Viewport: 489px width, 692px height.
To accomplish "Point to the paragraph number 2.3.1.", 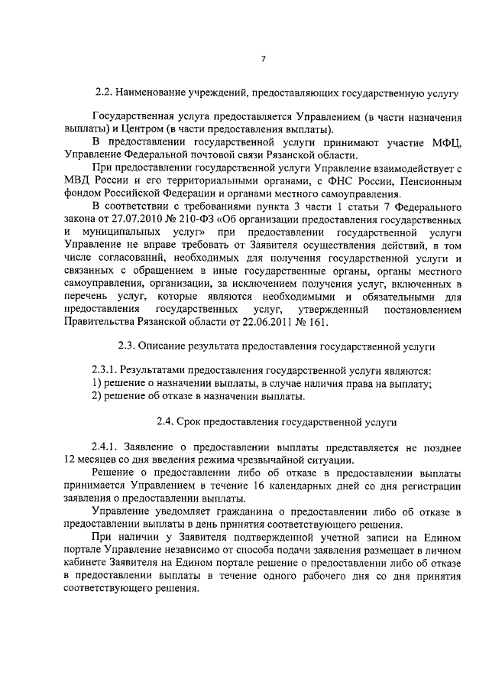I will [x=106, y=371].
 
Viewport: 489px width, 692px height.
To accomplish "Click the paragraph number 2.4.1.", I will [x=106, y=447].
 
